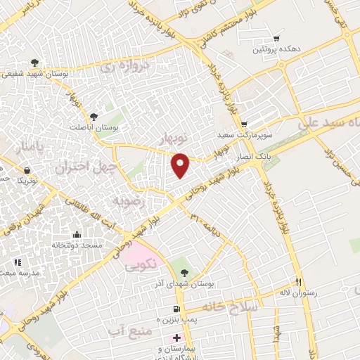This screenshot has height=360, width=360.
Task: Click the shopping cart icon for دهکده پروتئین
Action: pos(276,39)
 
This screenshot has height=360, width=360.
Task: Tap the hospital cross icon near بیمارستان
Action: pos(176,337)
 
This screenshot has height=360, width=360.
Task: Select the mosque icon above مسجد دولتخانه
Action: pos(77,234)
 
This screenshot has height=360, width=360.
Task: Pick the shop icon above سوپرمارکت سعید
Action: pos(244,123)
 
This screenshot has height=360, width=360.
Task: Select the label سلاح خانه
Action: pos(230,307)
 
